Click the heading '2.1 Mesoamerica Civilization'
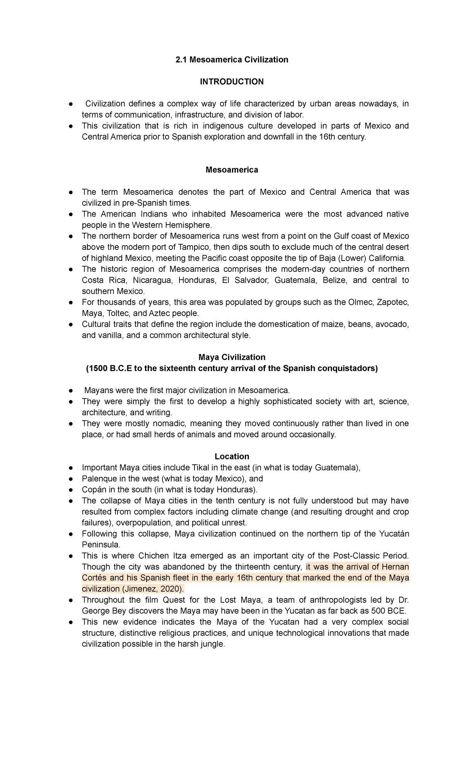(232, 60)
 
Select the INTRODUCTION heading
(232, 82)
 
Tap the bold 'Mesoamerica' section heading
(232, 170)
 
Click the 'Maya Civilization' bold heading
(232, 357)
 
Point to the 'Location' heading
(232, 456)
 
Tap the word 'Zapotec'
(392, 302)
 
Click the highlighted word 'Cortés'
(94, 578)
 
